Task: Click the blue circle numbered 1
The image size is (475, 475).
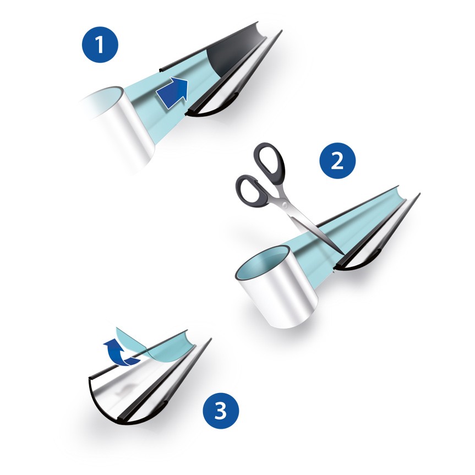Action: point(100,44)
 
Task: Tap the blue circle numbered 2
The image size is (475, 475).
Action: point(337,161)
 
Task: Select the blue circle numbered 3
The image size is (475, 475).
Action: point(221,411)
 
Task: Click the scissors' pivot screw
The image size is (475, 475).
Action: point(285,205)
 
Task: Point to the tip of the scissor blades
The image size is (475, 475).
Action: point(343,254)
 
